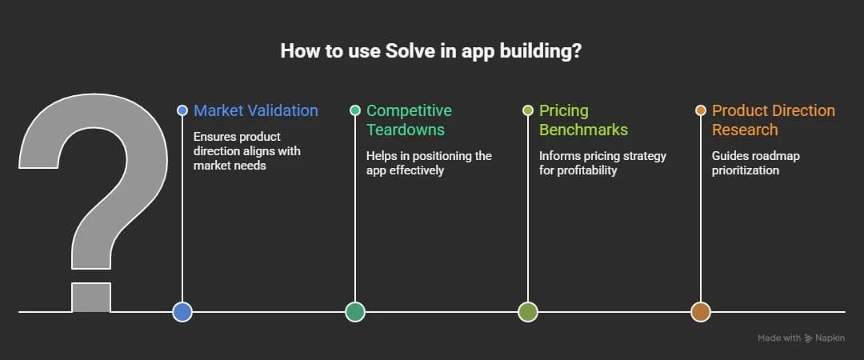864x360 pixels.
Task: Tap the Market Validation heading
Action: [x=256, y=110]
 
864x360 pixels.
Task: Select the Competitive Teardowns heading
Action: [x=410, y=120]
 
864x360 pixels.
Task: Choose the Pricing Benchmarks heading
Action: [x=583, y=120]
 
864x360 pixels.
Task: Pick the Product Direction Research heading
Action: [x=774, y=120]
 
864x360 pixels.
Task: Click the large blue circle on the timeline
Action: [x=182, y=312]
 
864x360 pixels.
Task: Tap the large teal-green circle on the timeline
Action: [x=355, y=312]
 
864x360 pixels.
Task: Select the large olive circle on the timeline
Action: [x=528, y=312]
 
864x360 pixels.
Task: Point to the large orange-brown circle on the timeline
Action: [x=701, y=312]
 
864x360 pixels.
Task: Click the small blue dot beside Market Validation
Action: [x=182, y=110]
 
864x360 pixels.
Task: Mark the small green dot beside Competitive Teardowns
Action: [x=355, y=110]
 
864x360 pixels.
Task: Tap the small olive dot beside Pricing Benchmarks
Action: [x=528, y=110]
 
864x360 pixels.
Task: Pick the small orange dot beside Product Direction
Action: [x=701, y=110]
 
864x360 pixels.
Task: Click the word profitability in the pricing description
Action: [x=587, y=170]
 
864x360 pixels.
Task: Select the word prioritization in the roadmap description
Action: [x=746, y=170]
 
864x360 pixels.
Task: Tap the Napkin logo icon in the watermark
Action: [x=809, y=338]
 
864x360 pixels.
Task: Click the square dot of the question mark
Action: [x=91, y=298]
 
